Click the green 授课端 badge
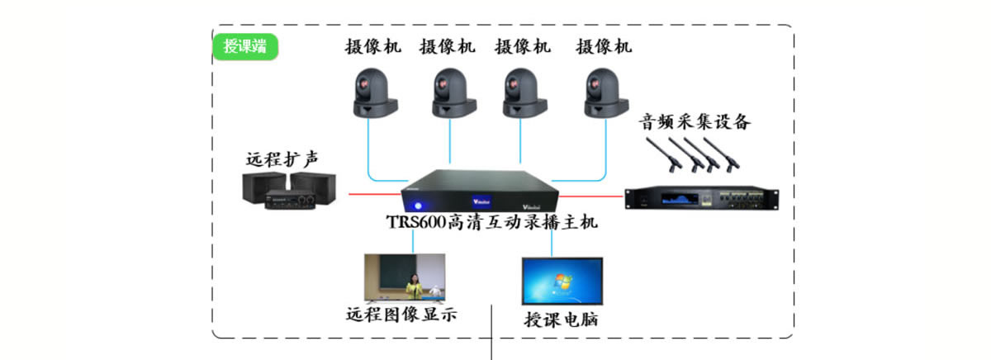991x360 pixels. point(245,45)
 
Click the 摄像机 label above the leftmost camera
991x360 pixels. point(373,46)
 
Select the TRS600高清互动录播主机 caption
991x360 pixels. point(491,223)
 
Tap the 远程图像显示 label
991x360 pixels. point(401,315)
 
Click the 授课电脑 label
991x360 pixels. point(561,320)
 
